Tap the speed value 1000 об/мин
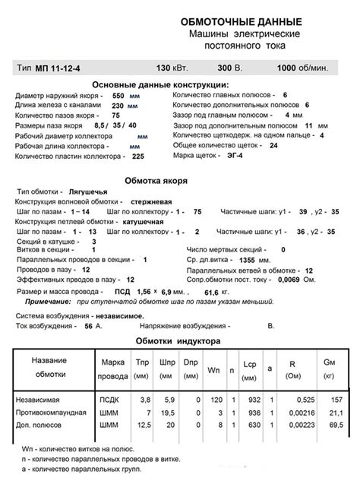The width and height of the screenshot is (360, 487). (302, 68)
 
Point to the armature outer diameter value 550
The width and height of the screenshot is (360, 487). (118, 96)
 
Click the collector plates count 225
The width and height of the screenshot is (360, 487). (137, 156)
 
